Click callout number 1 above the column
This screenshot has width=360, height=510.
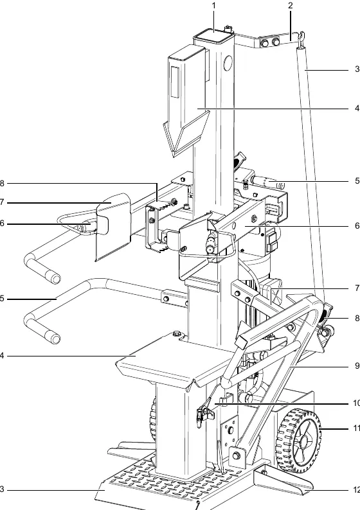pos(214,6)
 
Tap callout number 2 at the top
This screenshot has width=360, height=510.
pos(291,5)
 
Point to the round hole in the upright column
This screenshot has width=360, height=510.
pos(228,62)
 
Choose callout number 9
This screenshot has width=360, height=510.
pos(357,366)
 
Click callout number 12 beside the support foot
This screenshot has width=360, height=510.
pos(356,490)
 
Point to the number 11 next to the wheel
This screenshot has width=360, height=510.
pos(356,428)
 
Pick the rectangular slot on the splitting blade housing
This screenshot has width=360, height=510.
pos(175,82)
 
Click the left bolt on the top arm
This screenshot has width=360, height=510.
pos(265,42)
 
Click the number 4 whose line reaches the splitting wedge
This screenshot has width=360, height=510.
pos(357,108)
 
